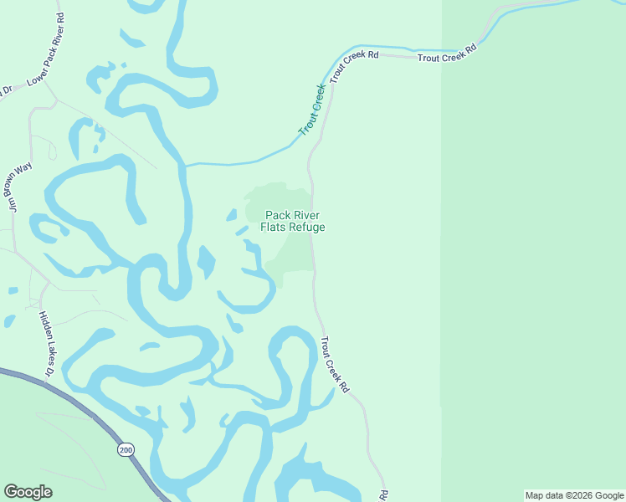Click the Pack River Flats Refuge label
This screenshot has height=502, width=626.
(292, 221)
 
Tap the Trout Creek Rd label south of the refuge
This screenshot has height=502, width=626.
(335, 365)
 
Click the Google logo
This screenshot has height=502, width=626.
(28, 492)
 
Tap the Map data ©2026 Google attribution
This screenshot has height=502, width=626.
(574, 495)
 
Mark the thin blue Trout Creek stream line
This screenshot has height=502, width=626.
(243, 161)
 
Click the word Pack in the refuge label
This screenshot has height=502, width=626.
(278, 215)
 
